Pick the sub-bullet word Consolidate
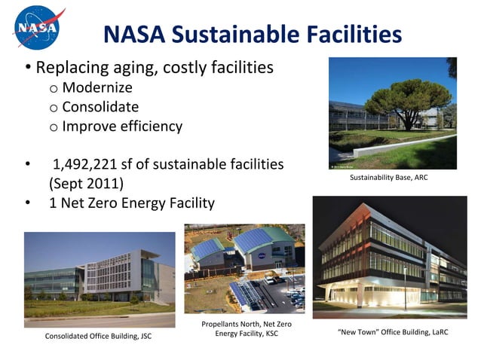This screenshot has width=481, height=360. click(x=100, y=107)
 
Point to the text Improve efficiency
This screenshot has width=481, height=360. click(x=122, y=126)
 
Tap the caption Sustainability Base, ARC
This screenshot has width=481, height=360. click(x=394, y=180)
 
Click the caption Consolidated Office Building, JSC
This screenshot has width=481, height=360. click(x=97, y=336)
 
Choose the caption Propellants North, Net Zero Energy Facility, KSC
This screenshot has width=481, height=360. click(x=247, y=328)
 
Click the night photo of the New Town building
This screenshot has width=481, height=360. click(x=389, y=257)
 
